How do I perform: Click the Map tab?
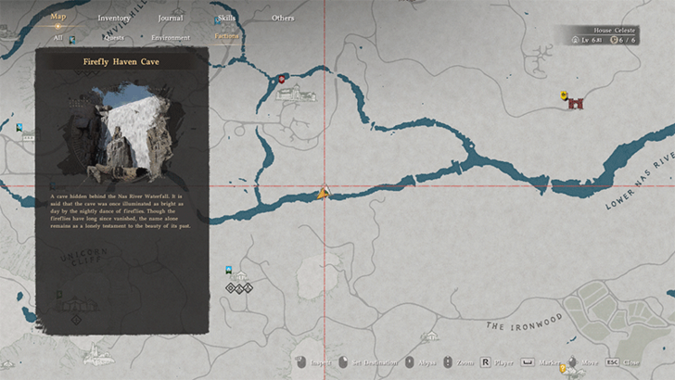[x=58, y=17]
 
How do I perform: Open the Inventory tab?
[x=114, y=18]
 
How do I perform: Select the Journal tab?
[x=170, y=18]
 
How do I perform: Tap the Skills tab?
[x=227, y=18]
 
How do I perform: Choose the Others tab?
[x=283, y=18]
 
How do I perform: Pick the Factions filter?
[x=226, y=37]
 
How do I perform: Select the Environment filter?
[x=171, y=38]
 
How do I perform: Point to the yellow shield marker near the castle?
[x=564, y=95]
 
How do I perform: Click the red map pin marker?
[x=282, y=81]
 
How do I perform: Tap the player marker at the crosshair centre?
[x=324, y=193]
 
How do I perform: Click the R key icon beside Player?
[x=485, y=362]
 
